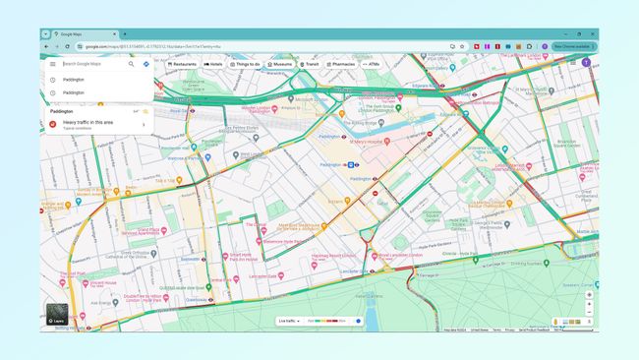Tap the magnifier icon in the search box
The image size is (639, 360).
pos(131,64)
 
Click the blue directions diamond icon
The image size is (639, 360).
pos(145,64)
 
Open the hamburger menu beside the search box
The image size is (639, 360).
pos(53,64)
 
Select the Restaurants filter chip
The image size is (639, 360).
pos(182,64)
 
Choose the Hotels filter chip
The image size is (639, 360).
pos(213,64)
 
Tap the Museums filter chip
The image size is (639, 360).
pos(280,64)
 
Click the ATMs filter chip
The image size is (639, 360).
pos(372,64)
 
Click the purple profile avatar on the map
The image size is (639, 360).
pos(586,63)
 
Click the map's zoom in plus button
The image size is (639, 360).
pos(589,304)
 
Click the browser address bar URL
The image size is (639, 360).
pos(157,46)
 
